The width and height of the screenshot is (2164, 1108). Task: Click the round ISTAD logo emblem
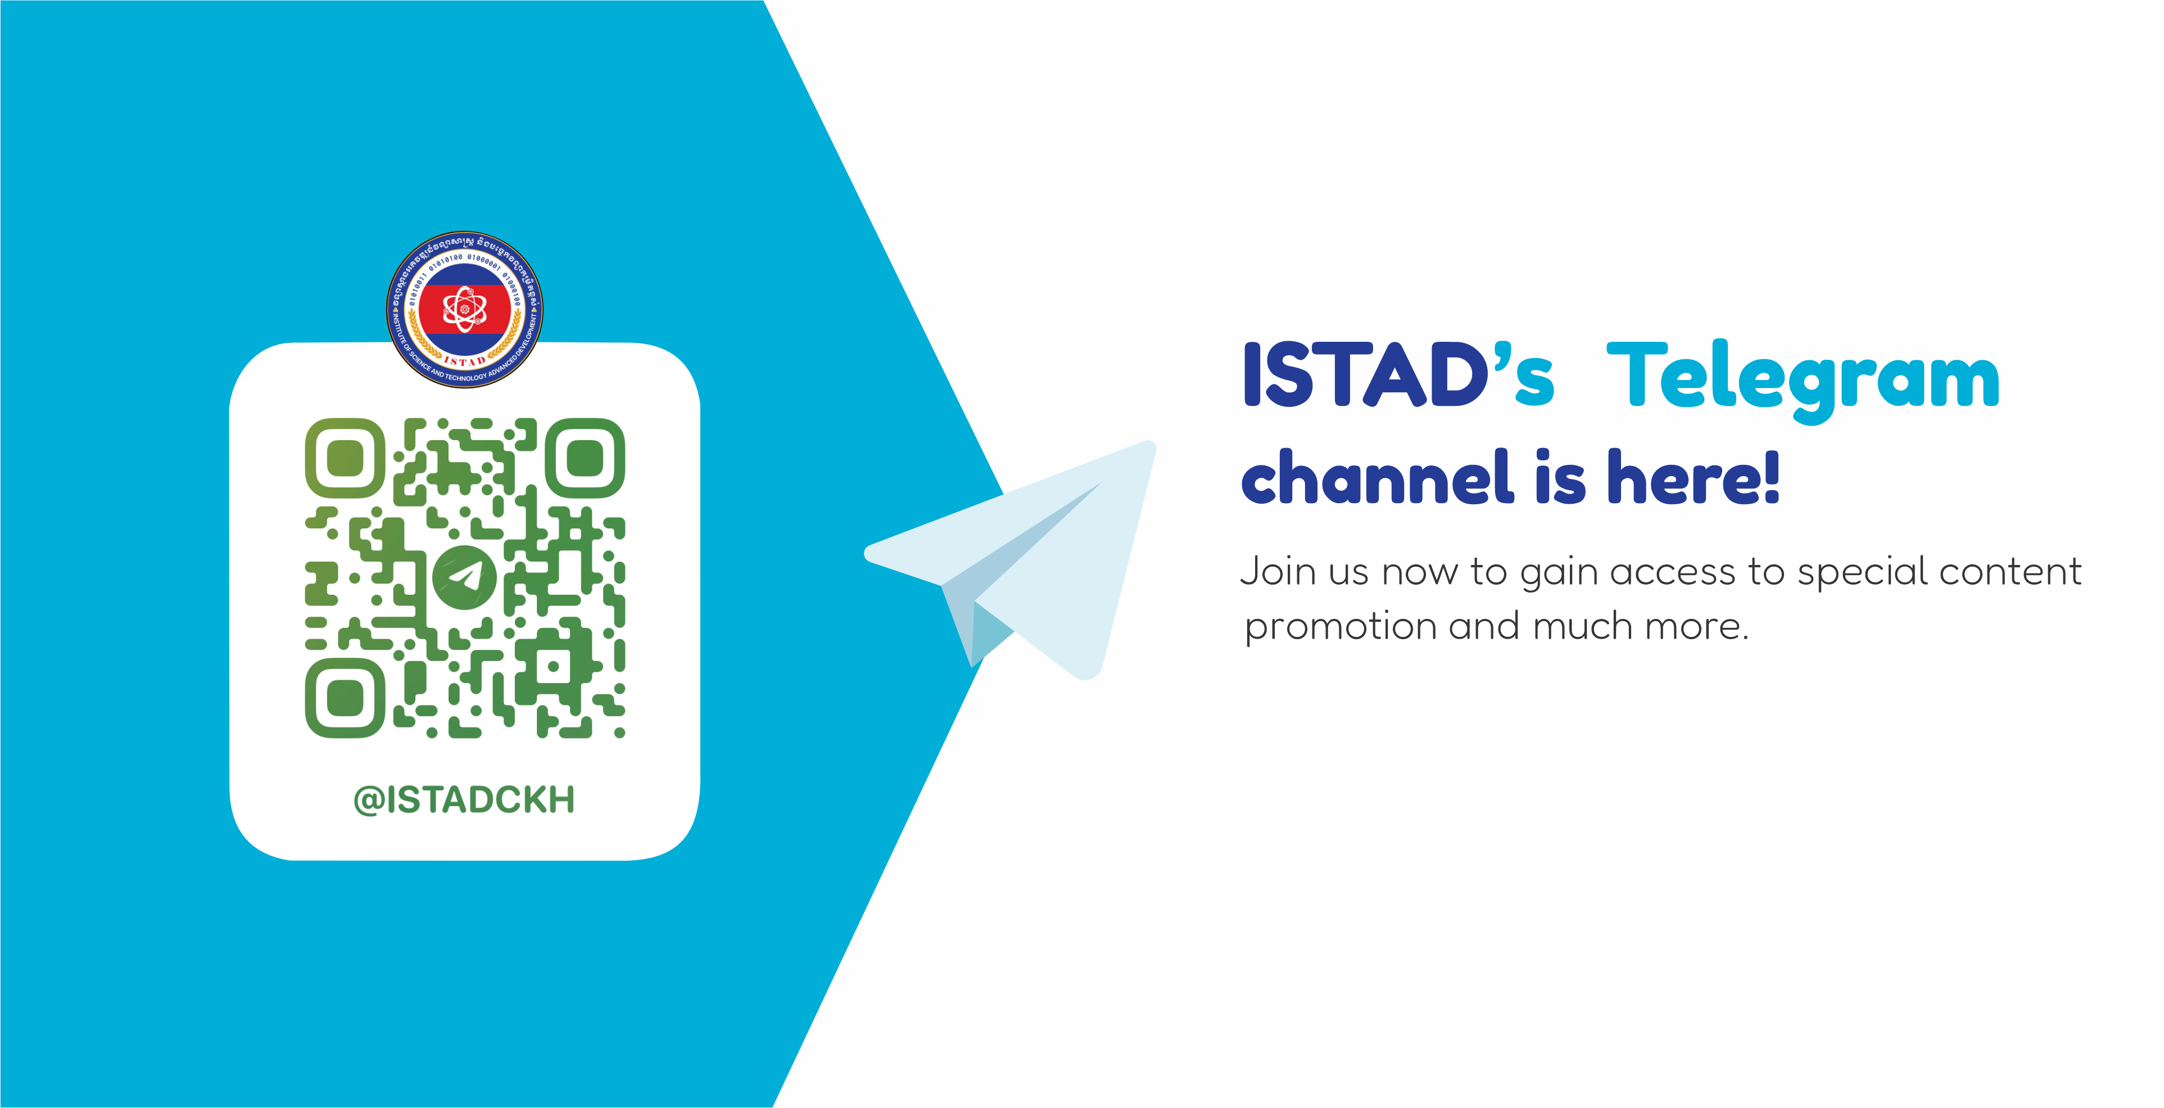[x=464, y=309]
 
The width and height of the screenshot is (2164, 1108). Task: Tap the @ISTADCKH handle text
[x=464, y=800]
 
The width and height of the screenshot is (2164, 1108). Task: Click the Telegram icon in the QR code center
[x=464, y=578]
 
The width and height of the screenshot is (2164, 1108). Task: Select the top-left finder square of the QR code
[x=345, y=458]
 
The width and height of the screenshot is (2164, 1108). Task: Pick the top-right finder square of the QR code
[x=585, y=458]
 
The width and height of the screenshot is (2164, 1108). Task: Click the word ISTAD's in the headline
[x=1398, y=376]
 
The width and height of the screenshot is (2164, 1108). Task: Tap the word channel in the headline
[x=1378, y=477]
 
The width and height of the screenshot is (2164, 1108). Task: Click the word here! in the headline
[x=1694, y=477]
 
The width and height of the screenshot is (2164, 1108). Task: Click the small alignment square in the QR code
[x=553, y=667]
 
